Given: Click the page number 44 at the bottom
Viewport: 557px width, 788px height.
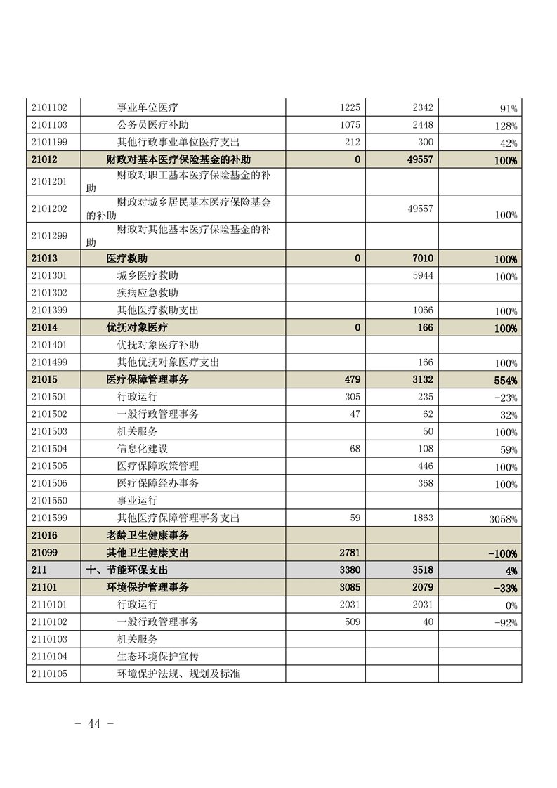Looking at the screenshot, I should click(94, 724).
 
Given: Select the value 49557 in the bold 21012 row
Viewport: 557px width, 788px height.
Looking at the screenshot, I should click(420, 160).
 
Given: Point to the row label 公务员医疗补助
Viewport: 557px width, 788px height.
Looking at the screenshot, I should click(152, 126).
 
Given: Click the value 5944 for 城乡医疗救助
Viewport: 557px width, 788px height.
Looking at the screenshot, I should click(423, 276).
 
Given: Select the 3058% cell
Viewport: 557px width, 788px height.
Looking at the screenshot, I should click(503, 519).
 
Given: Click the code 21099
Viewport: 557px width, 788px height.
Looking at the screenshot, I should click(44, 553).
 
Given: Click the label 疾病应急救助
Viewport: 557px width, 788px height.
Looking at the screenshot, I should click(148, 293).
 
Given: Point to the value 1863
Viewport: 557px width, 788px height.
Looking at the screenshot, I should click(422, 518).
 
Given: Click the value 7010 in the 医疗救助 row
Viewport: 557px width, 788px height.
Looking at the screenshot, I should click(423, 258).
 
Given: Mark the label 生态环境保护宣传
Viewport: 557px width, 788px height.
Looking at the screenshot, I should click(157, 657).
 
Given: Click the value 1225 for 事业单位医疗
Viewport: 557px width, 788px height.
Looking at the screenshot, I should click(349, 108).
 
